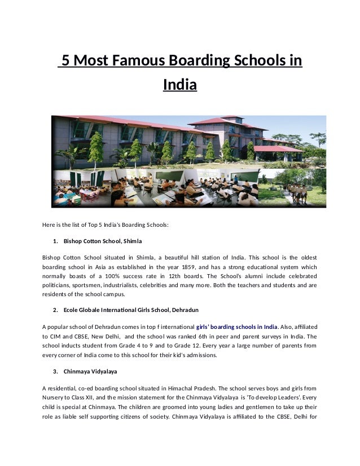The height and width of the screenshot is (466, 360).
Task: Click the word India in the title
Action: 179,86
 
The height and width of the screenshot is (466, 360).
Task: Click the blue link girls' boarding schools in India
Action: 236,327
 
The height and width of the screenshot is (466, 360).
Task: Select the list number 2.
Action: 55,310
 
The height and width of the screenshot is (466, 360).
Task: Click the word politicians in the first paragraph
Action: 58,285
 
